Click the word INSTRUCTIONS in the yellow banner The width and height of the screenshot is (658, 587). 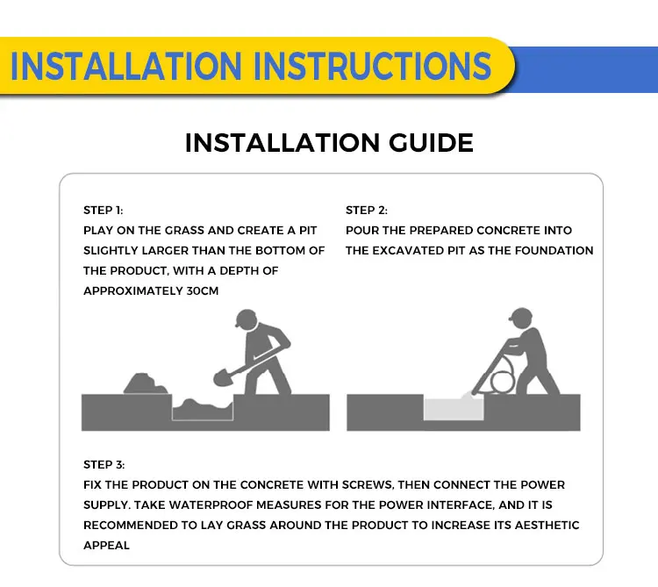click(372, 66)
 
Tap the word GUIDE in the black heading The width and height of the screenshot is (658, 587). click(431, 143)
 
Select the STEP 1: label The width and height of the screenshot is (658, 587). click(104, 211)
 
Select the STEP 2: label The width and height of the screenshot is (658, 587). click(367, 211)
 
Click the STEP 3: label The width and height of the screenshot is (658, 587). click(104, 465)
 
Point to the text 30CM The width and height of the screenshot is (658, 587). click(203, 290)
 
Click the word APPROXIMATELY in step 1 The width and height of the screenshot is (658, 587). click(133, 290)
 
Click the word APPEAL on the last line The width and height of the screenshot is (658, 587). click(106, 546)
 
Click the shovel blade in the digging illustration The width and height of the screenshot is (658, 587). click(222, 377)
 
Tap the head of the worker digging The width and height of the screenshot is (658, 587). click(247, 319)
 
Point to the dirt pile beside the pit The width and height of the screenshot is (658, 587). click(145, 384)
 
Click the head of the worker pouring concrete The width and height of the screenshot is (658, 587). click(521, 318)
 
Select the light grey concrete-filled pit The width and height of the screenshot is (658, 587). click(454, 408)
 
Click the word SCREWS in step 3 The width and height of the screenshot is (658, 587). click(368, 484)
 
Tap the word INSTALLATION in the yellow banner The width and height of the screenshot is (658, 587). click(125, 66)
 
